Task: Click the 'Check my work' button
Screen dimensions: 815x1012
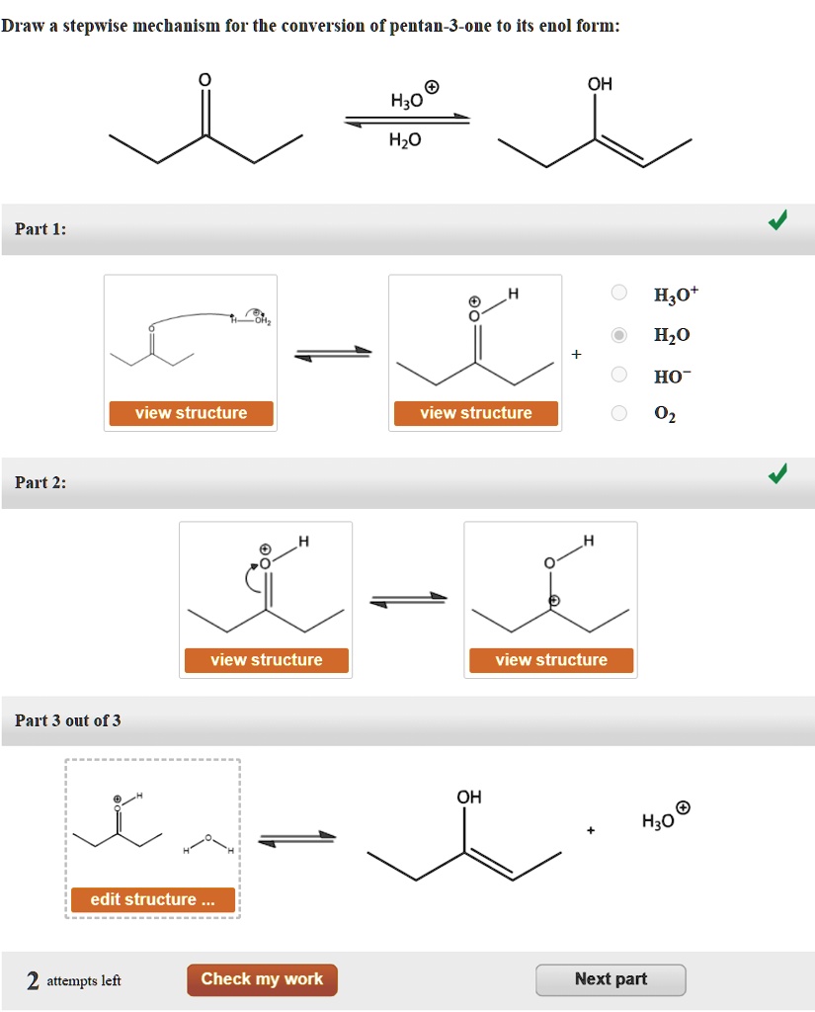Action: click(262, 979)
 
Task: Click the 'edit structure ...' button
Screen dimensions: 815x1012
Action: click(152, 899)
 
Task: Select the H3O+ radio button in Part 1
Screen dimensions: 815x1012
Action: click(618, 293)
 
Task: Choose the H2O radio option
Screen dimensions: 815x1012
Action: click(618, 335)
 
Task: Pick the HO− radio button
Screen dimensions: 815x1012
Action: click(618, 375)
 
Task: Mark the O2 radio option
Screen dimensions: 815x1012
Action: click(618, 413)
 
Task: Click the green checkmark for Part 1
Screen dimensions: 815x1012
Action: click(777, 221)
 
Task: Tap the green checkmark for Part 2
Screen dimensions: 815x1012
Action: click(777, 475)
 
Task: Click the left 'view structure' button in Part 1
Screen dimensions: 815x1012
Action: click(191, 413)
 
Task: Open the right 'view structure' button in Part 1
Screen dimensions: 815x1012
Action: click(475, 413)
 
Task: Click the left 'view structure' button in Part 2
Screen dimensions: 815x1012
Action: click(266, 660)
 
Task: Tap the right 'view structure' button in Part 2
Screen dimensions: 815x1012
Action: click(550, 660)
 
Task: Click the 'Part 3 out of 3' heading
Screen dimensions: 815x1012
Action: click(68, 720)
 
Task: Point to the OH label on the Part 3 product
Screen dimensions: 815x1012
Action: click(468, 798)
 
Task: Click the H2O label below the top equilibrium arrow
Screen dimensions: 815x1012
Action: click(405, 141)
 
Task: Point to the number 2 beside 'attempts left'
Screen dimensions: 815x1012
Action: click(33, 980)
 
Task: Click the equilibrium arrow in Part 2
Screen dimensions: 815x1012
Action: click(408, 599)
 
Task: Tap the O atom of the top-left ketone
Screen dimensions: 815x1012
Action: click(204, 79)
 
